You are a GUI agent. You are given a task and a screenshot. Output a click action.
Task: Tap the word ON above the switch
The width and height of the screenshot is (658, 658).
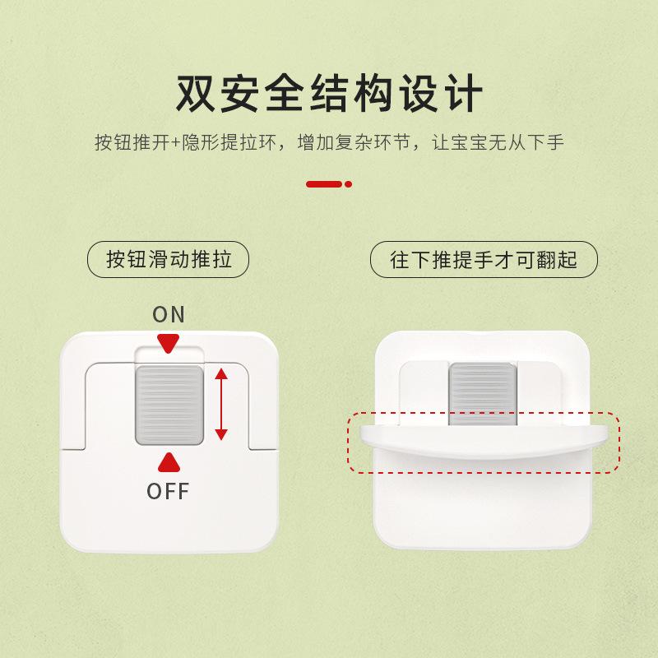point(169,314)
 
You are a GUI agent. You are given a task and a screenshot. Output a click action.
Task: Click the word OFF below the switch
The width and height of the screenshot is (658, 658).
point(169,492)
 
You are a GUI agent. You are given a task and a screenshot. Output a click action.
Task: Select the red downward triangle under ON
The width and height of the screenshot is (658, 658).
point(169,343)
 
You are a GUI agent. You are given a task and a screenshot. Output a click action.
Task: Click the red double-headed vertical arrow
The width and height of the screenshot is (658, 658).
point(220,403)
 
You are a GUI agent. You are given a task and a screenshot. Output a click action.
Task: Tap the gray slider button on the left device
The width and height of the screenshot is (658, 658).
point(169,403)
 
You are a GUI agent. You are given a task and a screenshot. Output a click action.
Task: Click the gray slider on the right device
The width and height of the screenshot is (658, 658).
point(482,393)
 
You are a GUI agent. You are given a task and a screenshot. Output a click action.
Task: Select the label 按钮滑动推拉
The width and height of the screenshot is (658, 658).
point(169,261)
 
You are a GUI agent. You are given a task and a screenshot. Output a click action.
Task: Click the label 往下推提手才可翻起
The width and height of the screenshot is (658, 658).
point(484,261)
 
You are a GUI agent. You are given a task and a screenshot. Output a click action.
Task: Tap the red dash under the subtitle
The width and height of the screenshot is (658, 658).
point(323,184)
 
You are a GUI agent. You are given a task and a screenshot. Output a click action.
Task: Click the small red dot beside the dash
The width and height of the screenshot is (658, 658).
point(349,184)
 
